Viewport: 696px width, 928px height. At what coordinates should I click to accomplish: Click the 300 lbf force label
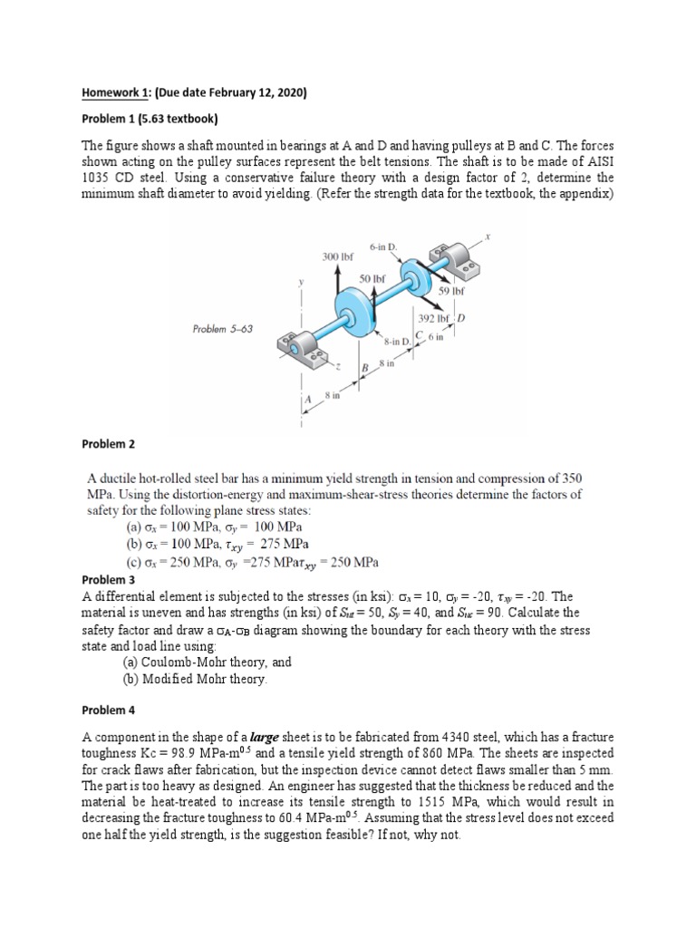337,256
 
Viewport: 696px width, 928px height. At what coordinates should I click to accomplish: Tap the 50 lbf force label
372,278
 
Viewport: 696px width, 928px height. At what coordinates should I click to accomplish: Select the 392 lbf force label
432,318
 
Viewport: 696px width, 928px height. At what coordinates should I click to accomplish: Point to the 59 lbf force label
450,292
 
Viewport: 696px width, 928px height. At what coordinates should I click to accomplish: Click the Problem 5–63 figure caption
222,328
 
